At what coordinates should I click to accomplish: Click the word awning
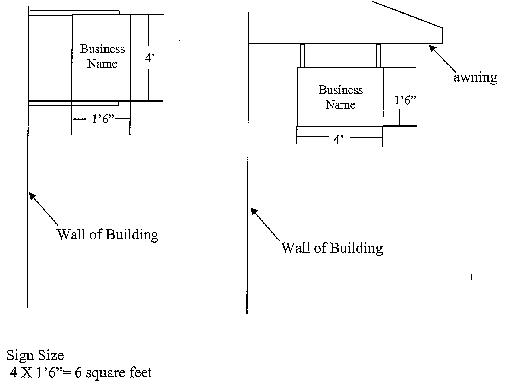475,78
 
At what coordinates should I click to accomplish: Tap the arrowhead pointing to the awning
432,48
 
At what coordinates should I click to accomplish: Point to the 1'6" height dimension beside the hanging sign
406,100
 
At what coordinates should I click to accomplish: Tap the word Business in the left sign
102,49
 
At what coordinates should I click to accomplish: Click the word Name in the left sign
102,64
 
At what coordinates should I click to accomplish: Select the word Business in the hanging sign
341,90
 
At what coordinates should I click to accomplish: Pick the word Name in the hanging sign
340,105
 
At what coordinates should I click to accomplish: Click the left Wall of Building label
108,234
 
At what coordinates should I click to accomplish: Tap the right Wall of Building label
332,248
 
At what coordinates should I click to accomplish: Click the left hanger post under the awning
302,56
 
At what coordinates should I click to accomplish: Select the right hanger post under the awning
379,56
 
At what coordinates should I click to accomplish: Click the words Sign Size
35,355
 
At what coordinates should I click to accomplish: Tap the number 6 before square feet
78,373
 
